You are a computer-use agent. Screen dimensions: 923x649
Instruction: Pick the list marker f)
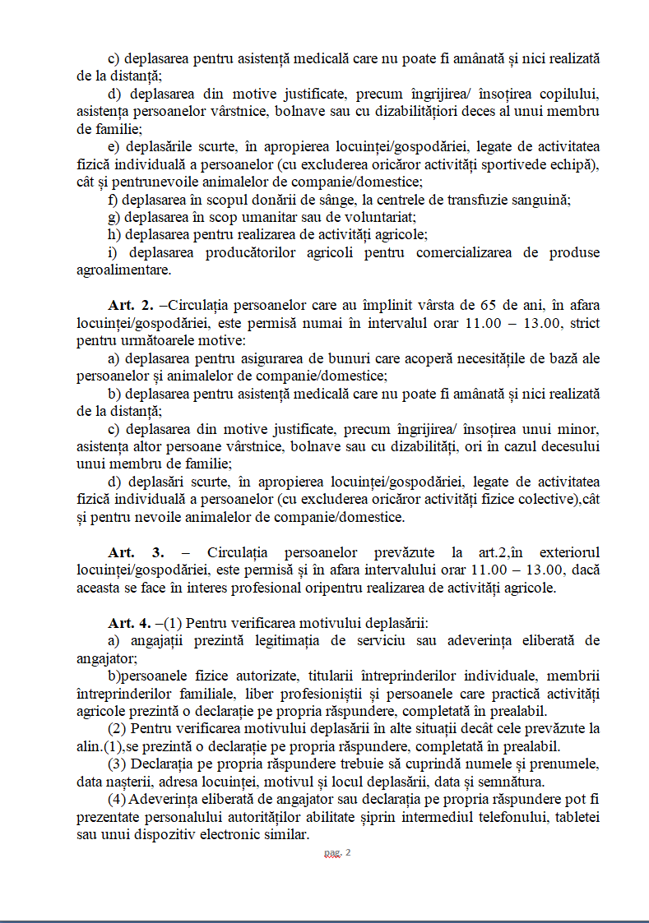(114, 200)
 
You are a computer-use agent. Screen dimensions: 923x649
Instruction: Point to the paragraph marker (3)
(118, 764)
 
